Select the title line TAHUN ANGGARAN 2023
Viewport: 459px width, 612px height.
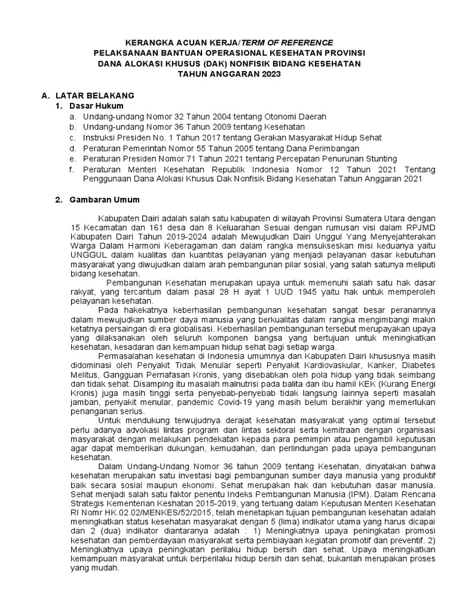229,73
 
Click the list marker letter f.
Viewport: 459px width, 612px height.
71,169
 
